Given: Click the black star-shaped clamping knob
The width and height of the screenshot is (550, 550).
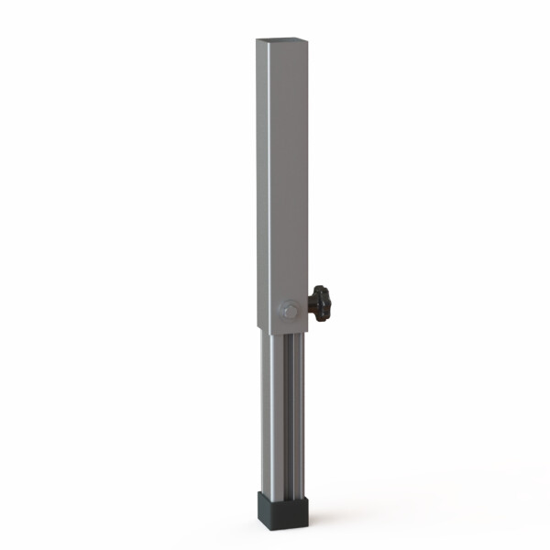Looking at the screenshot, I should click(x=320, y=303).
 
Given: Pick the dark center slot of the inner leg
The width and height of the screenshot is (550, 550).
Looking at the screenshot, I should click(x=288, y=412).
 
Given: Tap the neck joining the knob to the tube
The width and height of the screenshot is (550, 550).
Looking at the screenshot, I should click(x=310, y=306).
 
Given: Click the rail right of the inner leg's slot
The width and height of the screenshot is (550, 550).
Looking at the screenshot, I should click(x=299, y=412).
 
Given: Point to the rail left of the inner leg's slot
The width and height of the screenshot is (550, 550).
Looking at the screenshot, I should click(x=276, y=412).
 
